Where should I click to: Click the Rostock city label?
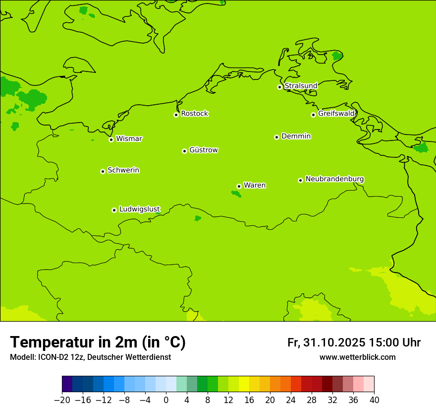pos(194,114)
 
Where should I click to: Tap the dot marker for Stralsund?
pos(279,87)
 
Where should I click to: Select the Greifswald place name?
pos(336,114)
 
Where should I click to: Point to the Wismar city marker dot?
pos(111,139)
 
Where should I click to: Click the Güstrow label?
pos(203,150)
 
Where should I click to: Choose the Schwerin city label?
pos(123,170)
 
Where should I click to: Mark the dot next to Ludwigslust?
pos(114,210)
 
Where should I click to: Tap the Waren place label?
pos(255,185)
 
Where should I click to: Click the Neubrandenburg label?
pos(334,179)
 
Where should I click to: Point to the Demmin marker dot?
pos(276,137)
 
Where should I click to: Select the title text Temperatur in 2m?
pos(98,342)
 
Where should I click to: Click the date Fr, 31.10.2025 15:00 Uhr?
pos(354,343)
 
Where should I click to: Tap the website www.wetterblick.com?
pos(357,357)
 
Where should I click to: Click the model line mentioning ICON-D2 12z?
pos(90,357)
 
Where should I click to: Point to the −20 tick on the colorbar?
pos(62,400)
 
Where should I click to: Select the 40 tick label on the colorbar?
pos(374,400)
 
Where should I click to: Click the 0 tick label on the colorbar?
pos(166,400)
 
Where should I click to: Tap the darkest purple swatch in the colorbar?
pos(67,384)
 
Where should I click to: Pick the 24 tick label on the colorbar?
pos(291,400)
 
